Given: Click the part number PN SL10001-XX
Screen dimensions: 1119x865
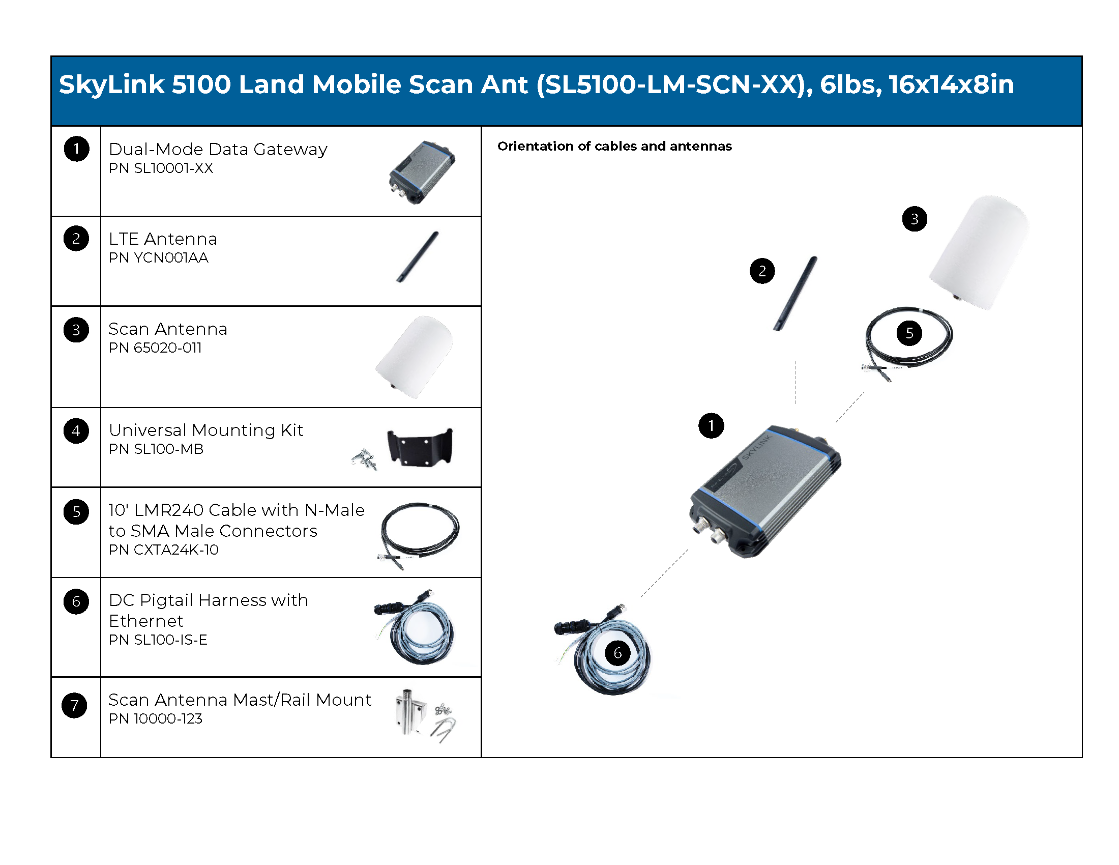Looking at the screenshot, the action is click(x=161, y=168).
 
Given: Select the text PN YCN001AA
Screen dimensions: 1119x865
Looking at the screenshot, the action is click(x=159, y=258).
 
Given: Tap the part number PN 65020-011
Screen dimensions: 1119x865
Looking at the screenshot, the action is click(x=155, y=348).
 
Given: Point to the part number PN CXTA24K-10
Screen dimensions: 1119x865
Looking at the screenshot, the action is click(x=164, y=550).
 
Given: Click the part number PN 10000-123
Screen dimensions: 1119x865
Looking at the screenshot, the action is click(x=156, y=719).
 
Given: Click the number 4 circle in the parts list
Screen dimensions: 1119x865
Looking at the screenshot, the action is click(x=76, y=431).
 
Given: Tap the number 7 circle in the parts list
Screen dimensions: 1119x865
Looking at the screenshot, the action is click(x=75, y=705).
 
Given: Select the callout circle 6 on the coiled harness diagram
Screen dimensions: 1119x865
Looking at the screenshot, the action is click(x=618, y=653).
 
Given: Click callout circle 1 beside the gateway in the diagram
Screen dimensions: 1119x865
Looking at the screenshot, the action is click(x=711, y=426).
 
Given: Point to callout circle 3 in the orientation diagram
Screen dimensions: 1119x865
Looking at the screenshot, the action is click(x=915, y=219).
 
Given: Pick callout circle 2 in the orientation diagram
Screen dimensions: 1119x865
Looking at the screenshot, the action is click(x=762, y=271).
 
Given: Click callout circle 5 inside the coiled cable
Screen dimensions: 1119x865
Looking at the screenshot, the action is click(x=909, y=333).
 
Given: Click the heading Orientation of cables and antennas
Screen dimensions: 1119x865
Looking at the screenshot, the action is click(x=615, y=147).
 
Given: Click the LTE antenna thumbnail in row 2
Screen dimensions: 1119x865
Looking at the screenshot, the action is click(x=418, y=257).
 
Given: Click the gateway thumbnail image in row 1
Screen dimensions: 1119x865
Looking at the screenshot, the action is click(x=422, y=172).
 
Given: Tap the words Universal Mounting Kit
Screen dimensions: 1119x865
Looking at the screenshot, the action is click(x=206, y=430).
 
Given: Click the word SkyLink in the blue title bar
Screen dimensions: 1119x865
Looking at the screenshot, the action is click(x=112, y=85).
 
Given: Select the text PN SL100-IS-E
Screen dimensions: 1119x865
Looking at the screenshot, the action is click(x=158, y=640).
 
